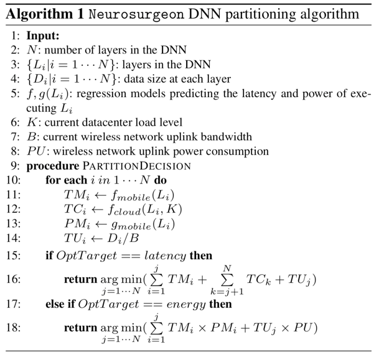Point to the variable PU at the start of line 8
click(34, 151)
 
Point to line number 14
click(15, 238)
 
